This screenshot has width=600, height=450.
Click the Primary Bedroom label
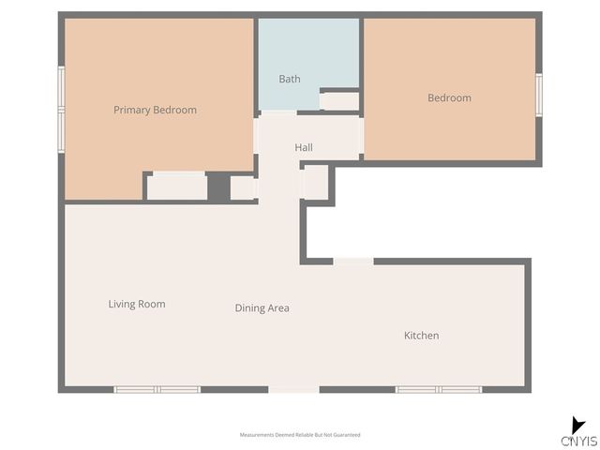click(155, 110)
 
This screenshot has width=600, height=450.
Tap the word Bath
click(290, 79)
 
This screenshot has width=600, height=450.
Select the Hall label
click(304, 147)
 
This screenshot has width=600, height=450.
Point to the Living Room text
click(137, 304)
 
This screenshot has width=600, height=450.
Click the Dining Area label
click(262, 307)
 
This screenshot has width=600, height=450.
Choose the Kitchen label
click(421, 336)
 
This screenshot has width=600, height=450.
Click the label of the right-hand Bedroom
click(449, 97)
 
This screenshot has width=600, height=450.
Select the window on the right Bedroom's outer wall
click(539, 95)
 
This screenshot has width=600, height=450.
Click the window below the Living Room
click(157, 389)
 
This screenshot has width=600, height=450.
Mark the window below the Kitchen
click(438, 389)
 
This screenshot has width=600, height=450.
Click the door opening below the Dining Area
click(293, 389)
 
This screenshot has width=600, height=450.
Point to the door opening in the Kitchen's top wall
click(353, 261)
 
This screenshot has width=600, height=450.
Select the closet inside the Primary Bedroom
click(177, 186)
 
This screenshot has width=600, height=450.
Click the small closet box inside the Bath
click(339, 99)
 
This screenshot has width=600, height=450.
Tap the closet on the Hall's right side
click(315, 182)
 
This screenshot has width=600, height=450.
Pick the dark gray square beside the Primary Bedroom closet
click(218, 186)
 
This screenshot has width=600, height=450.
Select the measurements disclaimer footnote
click(300, 435)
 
